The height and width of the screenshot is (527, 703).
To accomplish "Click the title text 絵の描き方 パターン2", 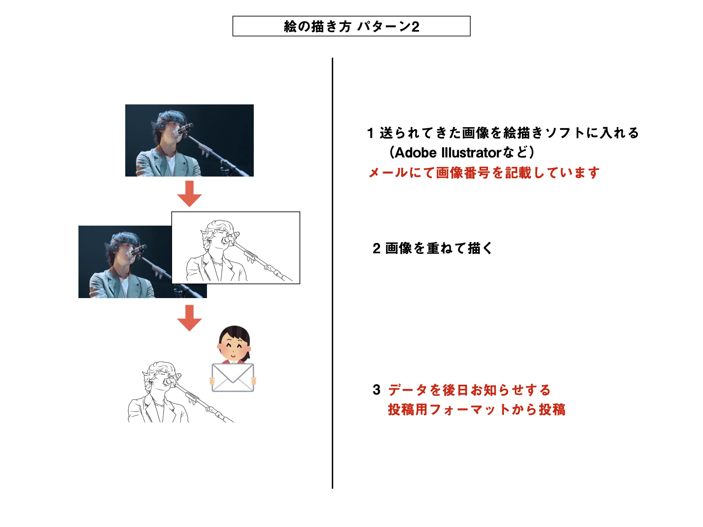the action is [351, 26].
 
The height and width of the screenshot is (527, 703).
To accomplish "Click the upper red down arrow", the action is [189, 194].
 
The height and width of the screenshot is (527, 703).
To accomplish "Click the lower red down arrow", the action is [189, 318].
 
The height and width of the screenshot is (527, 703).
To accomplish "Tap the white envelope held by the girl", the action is [233, 377].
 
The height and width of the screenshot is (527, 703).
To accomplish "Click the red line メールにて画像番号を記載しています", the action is [483, 173].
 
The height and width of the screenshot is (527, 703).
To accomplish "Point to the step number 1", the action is [370, 133].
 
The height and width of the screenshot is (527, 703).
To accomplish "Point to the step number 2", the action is [376, 248].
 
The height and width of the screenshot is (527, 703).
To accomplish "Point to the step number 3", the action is [376, 390].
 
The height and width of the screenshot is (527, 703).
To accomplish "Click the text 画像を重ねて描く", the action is [439, 248].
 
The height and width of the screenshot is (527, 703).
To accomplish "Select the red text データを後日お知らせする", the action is [469, 390].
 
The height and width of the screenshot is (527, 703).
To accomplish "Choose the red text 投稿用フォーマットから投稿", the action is [477, 410].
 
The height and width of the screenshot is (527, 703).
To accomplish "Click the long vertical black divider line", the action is [332, 273].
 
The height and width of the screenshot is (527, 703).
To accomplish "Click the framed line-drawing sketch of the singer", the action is [236, 248].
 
